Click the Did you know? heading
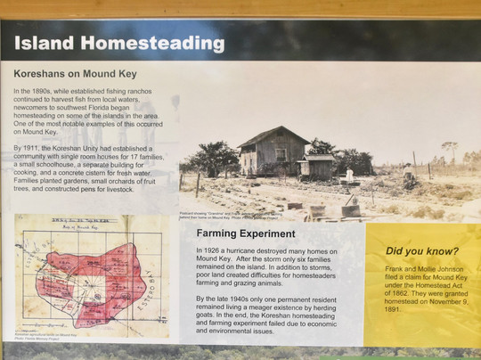[423, 250]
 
